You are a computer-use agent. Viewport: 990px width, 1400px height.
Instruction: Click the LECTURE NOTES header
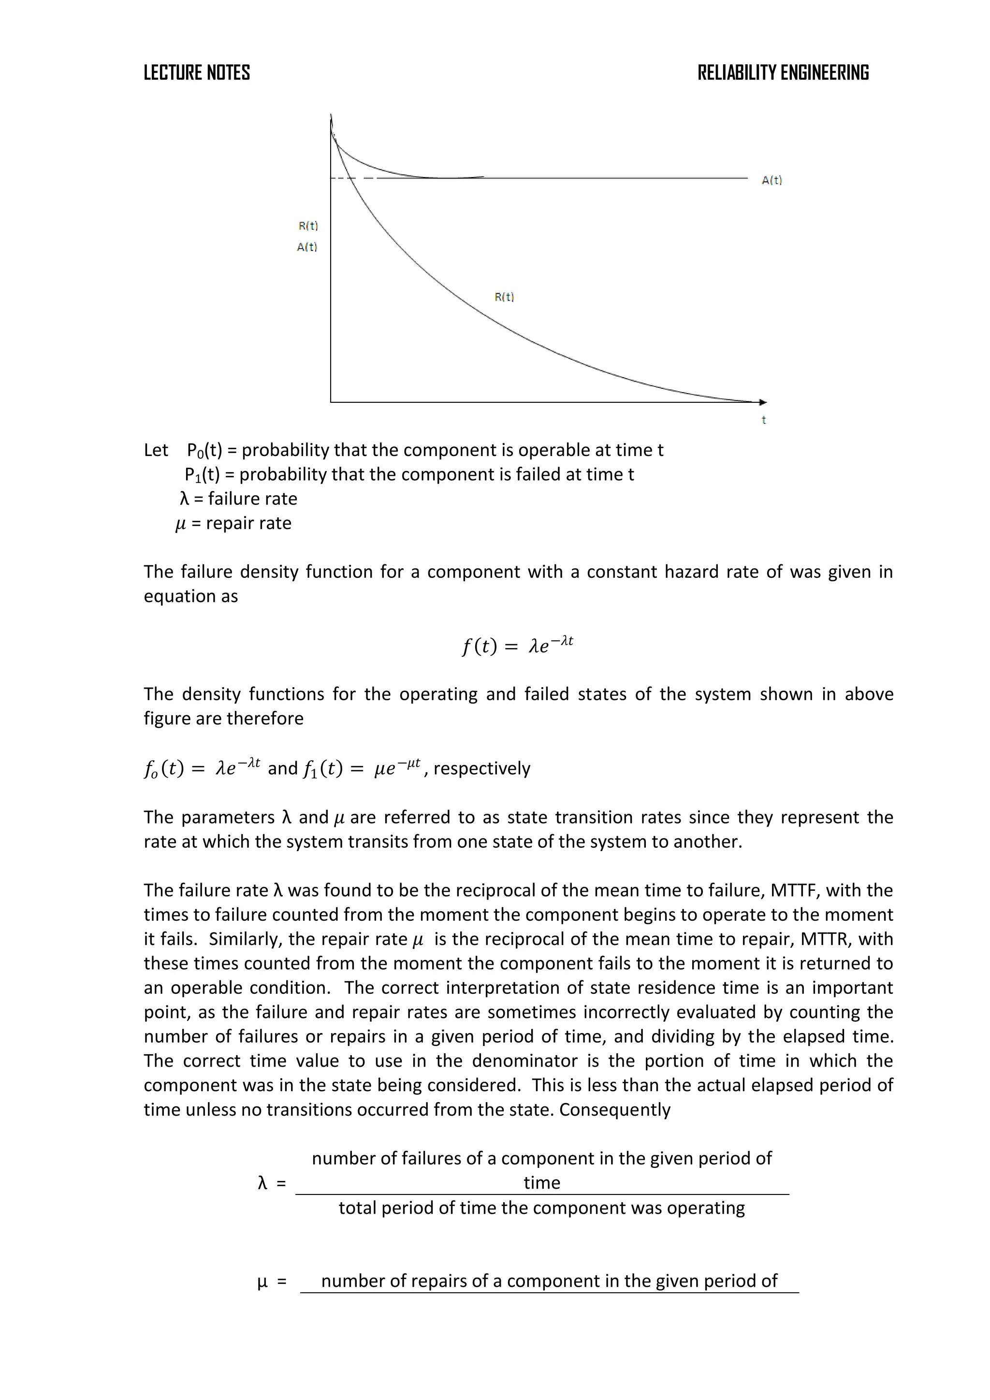pyautogui.click(x=196, y=73)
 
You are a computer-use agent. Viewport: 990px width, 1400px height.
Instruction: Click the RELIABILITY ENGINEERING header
pyautogui.click(x=783, y=73)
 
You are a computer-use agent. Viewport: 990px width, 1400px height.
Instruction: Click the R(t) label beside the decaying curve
pyautogui.click(x=504, y=297)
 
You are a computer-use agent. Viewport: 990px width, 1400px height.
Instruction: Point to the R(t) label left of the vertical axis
pyautogui.click(x=308, y=226)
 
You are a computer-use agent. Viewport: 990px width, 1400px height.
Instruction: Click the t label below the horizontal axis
pyautogui.click(x=763, y=420)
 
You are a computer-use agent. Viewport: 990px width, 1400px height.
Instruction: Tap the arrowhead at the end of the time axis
pyautogui.click(x=763, y=402)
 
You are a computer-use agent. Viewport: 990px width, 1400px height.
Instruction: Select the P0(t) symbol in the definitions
pyautogui.click(x=204, y=451)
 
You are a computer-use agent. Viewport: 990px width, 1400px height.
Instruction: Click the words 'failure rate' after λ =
pyautogui.click(x=252, y=499)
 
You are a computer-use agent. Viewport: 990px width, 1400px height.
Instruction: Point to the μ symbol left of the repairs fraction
pyautogui.click(x=263, y=1282)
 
